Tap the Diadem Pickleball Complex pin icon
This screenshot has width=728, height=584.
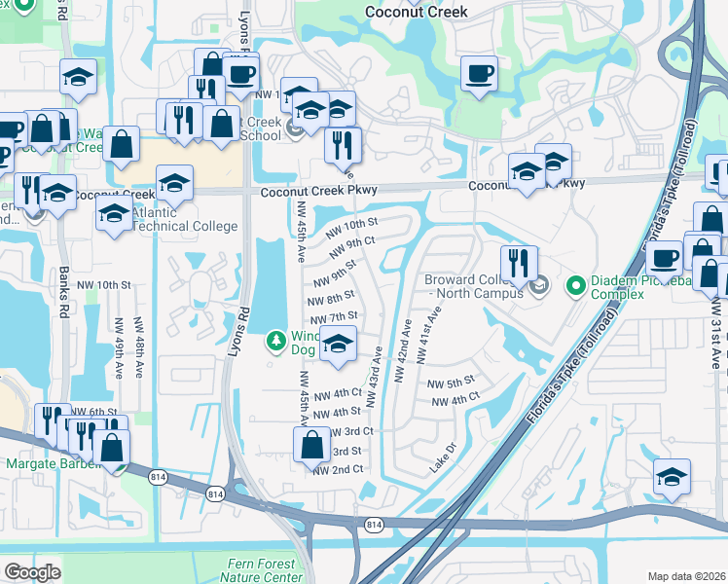coord(575,285)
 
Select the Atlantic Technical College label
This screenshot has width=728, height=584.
coord(183,219)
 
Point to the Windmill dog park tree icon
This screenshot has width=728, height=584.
coord(276,341)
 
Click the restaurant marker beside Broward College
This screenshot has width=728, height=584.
coord(519,263)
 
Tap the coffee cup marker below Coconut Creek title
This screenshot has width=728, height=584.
coord(478,75)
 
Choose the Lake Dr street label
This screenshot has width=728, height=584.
coord(444,460)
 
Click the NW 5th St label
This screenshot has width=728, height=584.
coord(450,382)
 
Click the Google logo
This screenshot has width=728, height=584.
coord(32,572)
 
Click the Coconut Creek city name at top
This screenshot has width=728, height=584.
coord(416,13)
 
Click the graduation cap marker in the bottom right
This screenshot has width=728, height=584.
coord(673,477)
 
